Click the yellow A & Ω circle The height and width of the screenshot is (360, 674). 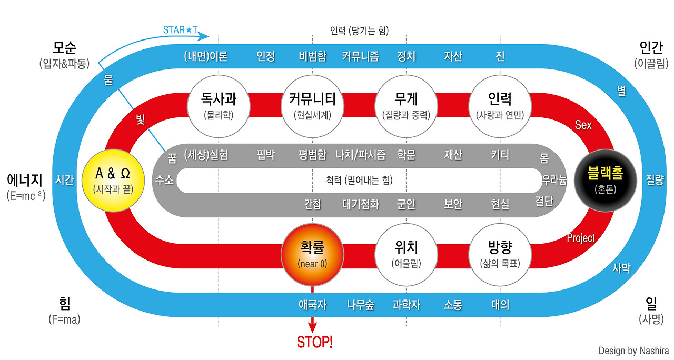112,180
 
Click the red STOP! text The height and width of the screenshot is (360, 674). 315,342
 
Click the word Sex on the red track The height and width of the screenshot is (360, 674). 583,125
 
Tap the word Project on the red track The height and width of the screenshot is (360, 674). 581,238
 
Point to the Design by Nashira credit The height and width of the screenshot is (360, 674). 633,351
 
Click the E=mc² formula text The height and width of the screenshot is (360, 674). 26,195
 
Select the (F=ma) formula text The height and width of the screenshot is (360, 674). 64,319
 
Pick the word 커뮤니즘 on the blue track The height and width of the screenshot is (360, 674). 360,56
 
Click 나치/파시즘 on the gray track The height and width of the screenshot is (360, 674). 360,155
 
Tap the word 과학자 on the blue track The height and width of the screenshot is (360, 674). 406,305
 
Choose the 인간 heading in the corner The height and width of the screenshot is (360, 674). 651,48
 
